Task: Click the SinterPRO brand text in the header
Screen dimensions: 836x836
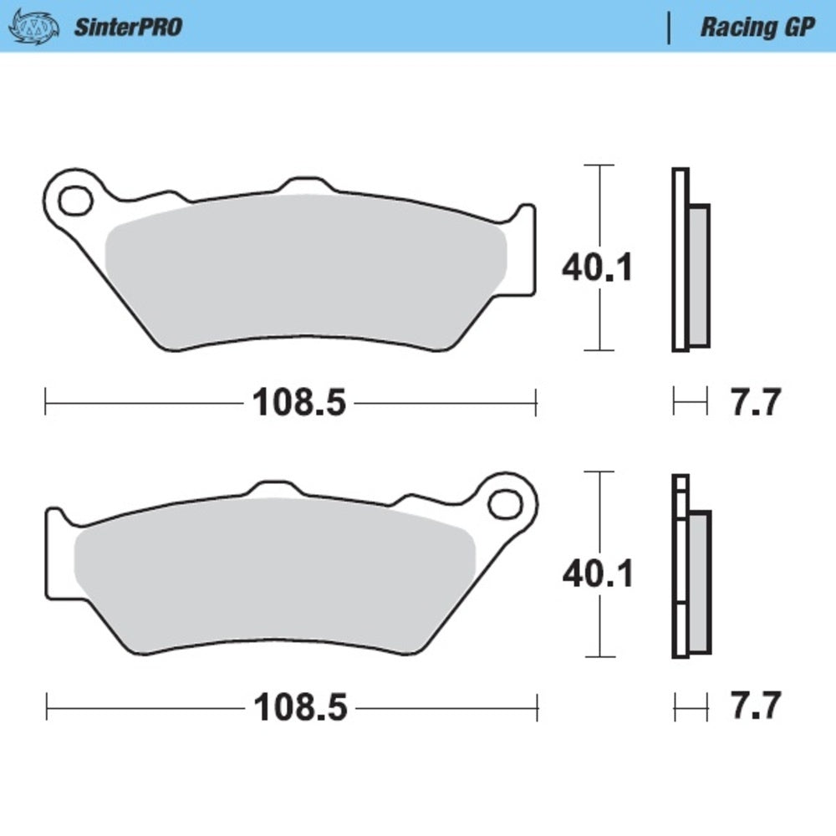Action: tap(128, 27)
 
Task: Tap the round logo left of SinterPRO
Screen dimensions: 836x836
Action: tap(35, 26)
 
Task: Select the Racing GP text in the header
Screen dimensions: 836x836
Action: tap(757, 27)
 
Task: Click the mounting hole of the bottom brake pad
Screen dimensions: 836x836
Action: tap(505, 504)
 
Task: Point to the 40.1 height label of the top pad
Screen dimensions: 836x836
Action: tap(598, 268)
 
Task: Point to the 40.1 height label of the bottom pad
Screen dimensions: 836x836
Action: tap(598, 573)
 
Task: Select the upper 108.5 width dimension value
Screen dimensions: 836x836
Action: tap(298, 403)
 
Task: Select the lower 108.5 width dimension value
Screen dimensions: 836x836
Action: tap(298, 708)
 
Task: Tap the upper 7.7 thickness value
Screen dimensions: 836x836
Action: tap(755, 403)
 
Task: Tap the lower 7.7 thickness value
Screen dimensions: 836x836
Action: tap(755, 708)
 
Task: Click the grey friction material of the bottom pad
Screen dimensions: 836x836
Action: tap(276, 573)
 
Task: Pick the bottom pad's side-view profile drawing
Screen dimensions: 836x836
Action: tap(690, 567)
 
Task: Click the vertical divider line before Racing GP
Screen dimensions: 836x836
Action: tap(668, 27)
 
